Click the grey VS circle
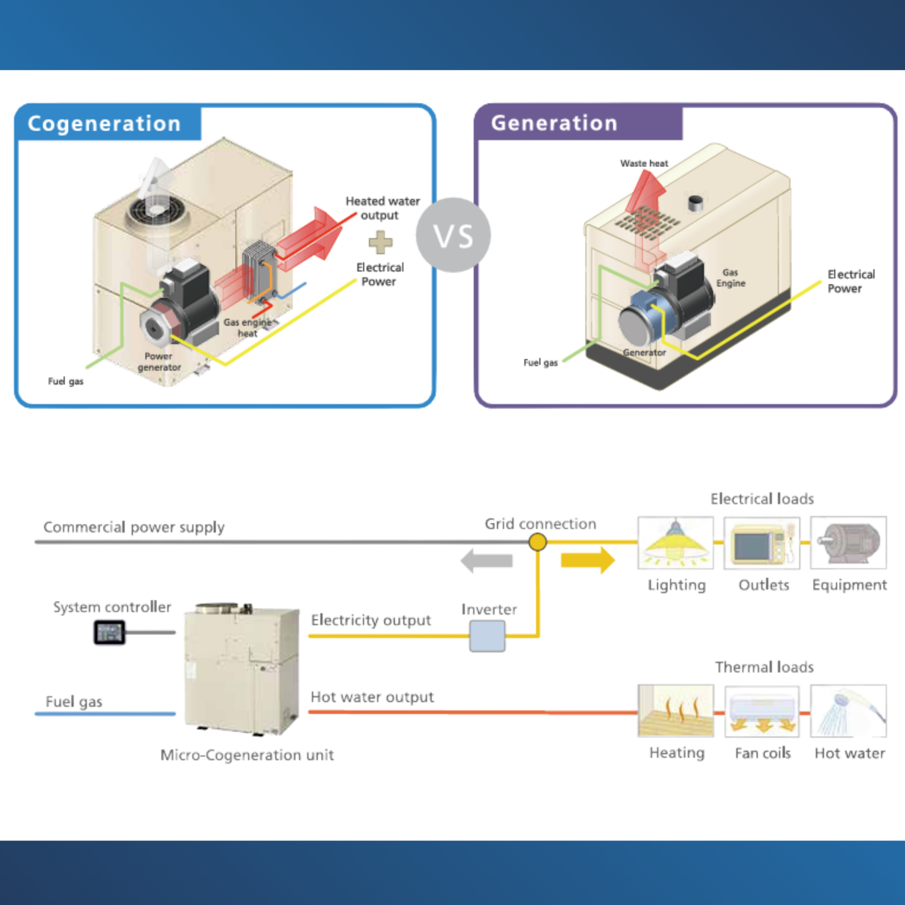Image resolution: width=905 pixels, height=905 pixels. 453,235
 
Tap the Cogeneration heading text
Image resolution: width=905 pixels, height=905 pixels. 104,123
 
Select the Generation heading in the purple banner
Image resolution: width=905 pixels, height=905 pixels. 554,123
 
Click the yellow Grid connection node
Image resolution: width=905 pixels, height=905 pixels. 537,542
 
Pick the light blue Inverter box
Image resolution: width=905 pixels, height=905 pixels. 487,636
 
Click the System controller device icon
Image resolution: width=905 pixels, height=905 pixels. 109,632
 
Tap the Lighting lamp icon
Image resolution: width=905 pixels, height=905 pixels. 675,543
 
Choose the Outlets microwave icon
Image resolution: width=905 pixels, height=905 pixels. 762,543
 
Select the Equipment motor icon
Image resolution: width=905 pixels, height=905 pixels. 848,543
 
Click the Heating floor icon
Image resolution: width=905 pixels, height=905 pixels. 675,711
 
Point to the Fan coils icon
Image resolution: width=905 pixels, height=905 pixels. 762,711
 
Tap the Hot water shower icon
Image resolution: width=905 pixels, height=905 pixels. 848,711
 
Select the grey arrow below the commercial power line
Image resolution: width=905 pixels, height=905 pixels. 486,561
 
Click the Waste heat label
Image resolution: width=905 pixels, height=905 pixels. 644,164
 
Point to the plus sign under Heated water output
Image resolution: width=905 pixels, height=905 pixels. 380,242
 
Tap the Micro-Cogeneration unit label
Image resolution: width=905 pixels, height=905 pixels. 247,755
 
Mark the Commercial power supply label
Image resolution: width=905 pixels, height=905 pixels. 134,527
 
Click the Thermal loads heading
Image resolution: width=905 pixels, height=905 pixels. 764,667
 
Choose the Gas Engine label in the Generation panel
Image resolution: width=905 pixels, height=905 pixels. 731,278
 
